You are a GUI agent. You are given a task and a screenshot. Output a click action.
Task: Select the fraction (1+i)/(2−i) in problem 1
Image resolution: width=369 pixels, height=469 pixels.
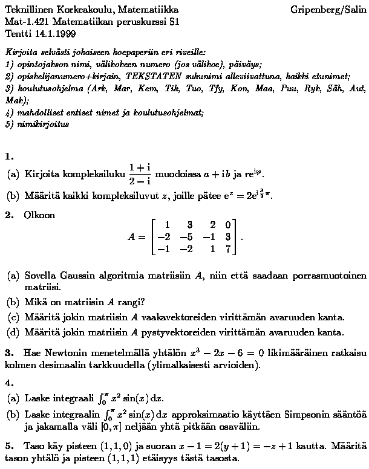[x=139, y=173]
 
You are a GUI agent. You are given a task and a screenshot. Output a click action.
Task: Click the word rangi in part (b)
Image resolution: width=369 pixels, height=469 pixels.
[x=131, y=302]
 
